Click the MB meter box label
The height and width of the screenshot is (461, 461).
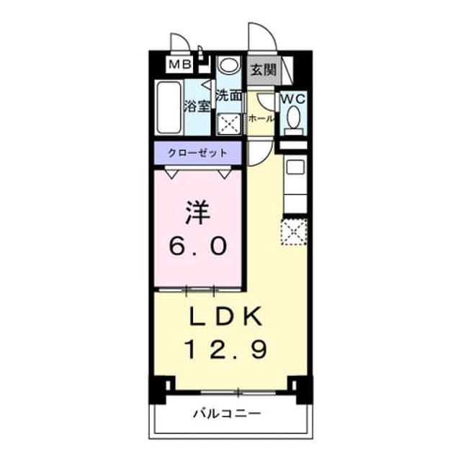pyautogui.click(x=180, y=64)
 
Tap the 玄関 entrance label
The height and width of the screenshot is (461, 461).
pyautogui.click(x=264, y=70)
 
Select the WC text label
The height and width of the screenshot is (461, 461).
pyautogui.click(x=293, y=99)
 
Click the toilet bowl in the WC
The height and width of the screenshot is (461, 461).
pyautogui.click(x=294, y=117)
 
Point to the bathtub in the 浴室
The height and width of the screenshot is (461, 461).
pyautogui.click(x=169, y=107)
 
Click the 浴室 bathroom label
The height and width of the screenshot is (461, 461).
pyautogui.click(x=197, y=106)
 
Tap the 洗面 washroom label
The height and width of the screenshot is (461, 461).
pyautogui.click(x=229, y=96)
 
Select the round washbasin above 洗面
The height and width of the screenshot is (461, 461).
pyautogui.click(x=229, y=65)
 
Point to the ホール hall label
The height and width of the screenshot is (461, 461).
pyautogui.click(x=261, y=119)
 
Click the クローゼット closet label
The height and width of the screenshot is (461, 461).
pyautogui.click(x=197, y=153)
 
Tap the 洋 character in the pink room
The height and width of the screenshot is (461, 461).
pyautogui.click(x=197, y=212)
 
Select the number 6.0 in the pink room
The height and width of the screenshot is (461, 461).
pyautogui.click(x=198, y=246)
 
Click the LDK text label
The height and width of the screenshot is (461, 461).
pyautogui.click(x=225, y=316)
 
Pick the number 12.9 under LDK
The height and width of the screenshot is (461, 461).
pyautogui.click(x=225, y=349)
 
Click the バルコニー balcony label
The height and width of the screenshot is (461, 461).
pyautogui.click(x=227, y=414)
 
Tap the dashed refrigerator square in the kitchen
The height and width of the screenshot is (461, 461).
pyautogui.click(x=295, y=231)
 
